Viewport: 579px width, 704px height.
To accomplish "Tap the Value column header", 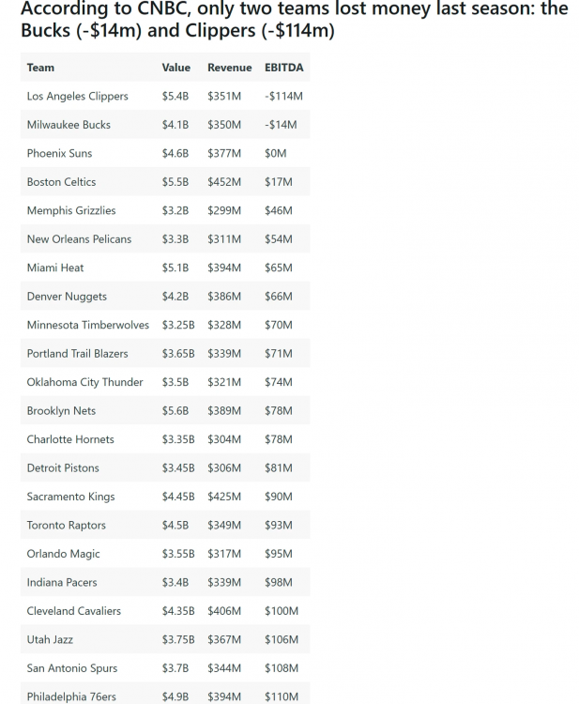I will (176, 68).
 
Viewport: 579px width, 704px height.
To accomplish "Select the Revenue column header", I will (229, 68).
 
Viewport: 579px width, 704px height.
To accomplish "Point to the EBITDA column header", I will (284, 68).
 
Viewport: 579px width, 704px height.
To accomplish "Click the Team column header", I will (40, 68).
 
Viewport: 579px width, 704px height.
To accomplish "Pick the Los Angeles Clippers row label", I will (78, 96).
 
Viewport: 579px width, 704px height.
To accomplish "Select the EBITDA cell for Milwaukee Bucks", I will (281, 125).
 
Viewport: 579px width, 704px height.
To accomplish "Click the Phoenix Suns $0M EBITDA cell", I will (276, 153).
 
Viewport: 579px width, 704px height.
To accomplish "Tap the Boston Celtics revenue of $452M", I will (224, 182).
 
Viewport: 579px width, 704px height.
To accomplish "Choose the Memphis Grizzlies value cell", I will (175, 210).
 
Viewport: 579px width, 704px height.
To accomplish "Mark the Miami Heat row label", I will (55, 268).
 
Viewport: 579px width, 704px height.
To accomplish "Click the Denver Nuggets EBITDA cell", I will (279, 297).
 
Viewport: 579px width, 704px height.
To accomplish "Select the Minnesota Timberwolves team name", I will (88, 325).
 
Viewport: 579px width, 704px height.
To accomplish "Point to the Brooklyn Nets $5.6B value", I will (175, 411).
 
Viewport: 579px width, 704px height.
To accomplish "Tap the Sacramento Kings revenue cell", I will (224, 497).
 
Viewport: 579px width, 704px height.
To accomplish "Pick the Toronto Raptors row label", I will (67, 525).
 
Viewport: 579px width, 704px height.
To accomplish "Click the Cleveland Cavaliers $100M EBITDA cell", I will (282, 611).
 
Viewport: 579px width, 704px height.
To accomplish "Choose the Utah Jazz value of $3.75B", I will (178, 639).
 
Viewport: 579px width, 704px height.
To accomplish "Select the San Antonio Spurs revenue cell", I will (224, 668).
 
